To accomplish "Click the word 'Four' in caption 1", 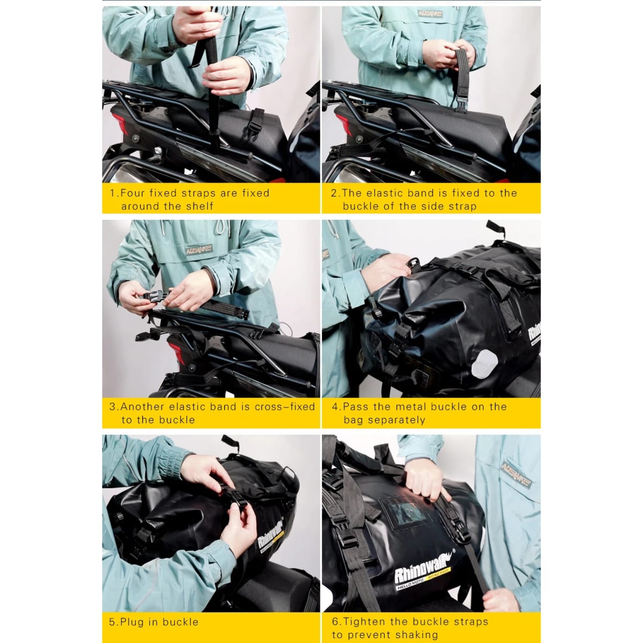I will click(132, 193).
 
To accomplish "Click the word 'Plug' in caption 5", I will click(132, 622).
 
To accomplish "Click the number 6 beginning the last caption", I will click(335, 622).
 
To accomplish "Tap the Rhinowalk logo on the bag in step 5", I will click(270, 534).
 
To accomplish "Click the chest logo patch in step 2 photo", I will click(430, 13).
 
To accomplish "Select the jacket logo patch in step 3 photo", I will click(199, 249).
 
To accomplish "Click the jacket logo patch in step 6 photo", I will click(516, 474).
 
